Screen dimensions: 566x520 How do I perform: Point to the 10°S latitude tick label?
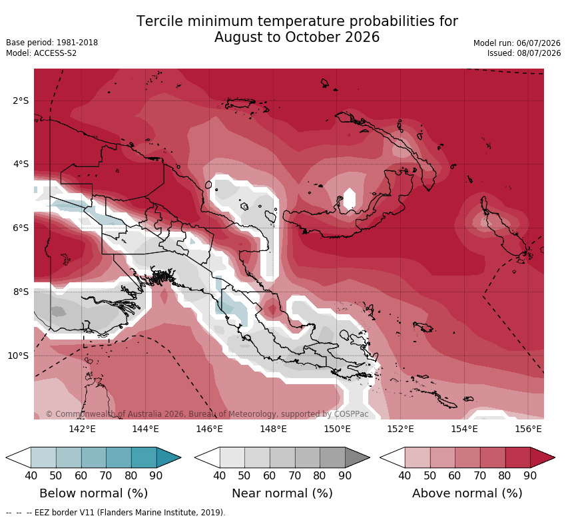point(18,356)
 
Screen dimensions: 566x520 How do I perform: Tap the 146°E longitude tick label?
point(209,429)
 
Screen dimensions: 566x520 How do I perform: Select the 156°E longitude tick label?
point(528,429)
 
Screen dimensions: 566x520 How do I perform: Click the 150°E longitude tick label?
point(337,429)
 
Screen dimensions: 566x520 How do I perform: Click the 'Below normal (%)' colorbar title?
point(93,493)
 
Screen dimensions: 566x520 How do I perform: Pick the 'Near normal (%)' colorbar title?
point(282,493)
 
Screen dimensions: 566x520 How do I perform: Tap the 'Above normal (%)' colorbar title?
point(467,493)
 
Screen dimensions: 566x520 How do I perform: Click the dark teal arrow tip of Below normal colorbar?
point(180,458)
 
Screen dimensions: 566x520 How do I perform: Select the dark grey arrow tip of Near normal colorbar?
point(370,458)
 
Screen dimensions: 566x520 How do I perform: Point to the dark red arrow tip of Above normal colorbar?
point(555,458)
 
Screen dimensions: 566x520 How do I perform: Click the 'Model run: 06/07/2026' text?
point(517,43)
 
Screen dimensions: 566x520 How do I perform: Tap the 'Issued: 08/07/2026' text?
point(524,53)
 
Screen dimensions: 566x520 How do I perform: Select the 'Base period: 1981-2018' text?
point(52,43)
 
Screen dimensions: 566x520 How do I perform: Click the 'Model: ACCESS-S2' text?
point(41,53)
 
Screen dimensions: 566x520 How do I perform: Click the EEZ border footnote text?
point(115,513)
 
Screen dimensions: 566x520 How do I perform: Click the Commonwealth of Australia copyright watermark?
point(207,414)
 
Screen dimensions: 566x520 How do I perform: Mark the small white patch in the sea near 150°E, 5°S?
point(350,198)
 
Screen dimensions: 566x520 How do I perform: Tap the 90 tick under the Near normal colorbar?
point(345,475)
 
